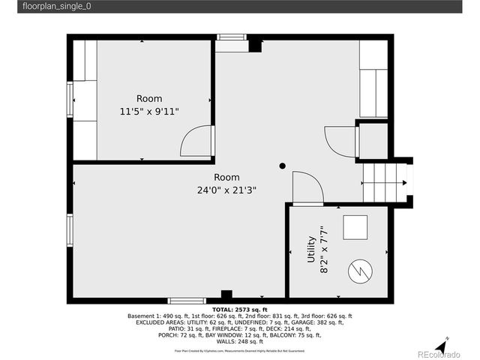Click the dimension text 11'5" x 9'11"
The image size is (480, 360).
click(x=149, y=112)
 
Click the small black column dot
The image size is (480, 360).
click(x=283, y=166)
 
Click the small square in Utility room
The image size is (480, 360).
click(x=355, y=226)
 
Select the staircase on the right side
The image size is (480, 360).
click(x=382, y=183)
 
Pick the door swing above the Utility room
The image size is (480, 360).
click(x=307, y=187)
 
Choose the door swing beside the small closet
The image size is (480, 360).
click(x=340, y=142)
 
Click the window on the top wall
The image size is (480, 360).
click(x=232, y=37)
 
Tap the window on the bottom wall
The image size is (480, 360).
click(x=186, y=301)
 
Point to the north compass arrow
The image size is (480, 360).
click(x=447, y=342)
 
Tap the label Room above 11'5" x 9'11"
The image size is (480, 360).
click(x=148, y=99)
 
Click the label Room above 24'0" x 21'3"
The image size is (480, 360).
click(x=226, y=177)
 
